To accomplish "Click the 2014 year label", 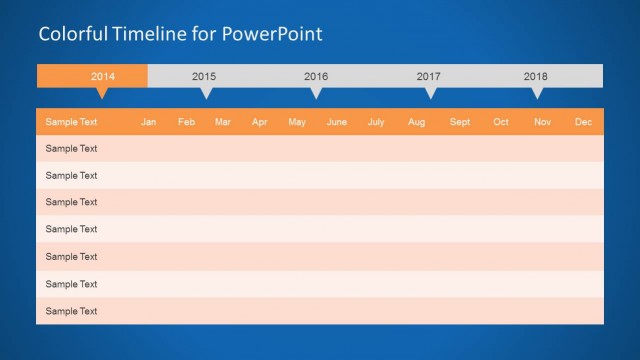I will click(x=103, y=76).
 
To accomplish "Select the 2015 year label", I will click(x=204, y=76).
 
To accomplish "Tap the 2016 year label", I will click(x=316, y=76).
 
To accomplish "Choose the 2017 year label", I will click(x=429, y=76).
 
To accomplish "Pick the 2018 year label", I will click(x=536, y=76).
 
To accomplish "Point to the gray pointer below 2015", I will click(x=206, y=93).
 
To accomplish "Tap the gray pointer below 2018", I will click(x=537, y=93).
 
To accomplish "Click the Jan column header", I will click(x=149, y=122).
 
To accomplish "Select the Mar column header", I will click(x=223, y=122).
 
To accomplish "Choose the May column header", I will click(x=297, y=122).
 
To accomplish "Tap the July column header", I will click(x=376, y=122).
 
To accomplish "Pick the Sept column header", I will click(x=460, y=122).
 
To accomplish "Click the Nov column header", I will click(x=542, y=122).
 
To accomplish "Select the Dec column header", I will click(x=584, y=122).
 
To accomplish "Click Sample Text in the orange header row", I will click(x=72, y=122).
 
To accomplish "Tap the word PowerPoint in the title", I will click(x=273, y=34).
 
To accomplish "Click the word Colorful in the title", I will click(x=70, y=34).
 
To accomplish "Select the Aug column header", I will click(x=417, y=122).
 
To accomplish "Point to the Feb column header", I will click(x=186, y=122).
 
